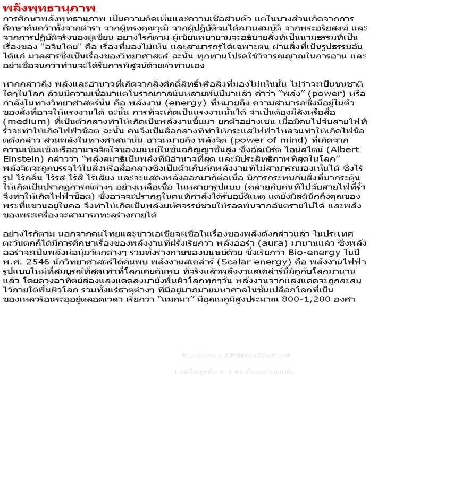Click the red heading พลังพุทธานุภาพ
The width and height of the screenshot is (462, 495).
click(49, 9)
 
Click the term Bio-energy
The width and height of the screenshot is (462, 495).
click(313, 253)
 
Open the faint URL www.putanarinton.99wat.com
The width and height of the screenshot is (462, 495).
click(236, 356)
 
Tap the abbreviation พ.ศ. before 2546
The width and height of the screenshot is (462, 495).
click(13, 262)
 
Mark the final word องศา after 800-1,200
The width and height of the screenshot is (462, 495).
click(343, 299)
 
